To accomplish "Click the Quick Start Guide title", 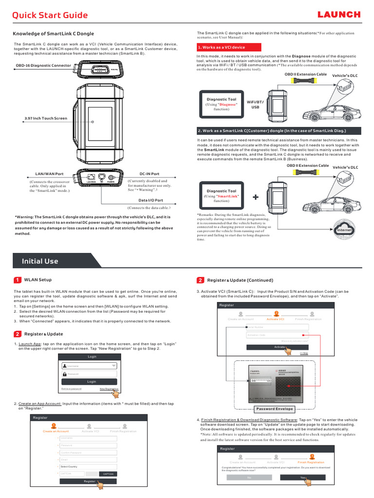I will [50, 15].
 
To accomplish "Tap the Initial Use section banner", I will [40, 261].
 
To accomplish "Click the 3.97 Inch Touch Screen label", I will [46, 118].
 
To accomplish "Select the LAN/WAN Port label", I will [50, 174].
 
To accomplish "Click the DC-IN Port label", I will [149, 174].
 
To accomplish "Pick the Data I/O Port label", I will [150, 200].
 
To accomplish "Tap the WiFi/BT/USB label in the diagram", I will [255, 104].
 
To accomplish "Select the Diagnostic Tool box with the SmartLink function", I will [221, 196].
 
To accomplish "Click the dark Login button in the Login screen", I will [92, 382].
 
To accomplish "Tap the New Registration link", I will [109, 389].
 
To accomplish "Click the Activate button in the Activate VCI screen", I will [277, 347].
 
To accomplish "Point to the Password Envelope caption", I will [275, 409].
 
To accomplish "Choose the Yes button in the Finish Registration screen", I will [303, 478].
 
